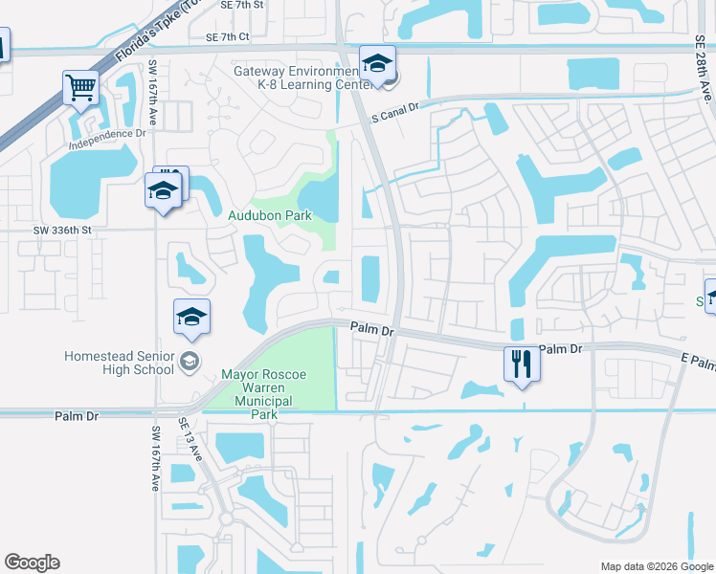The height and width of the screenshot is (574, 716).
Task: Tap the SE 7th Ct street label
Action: point(226,37)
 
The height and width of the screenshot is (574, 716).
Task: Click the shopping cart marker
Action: point(81,88)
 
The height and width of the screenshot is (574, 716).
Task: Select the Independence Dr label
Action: point(107,135)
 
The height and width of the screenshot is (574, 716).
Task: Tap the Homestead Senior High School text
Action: point(120,362)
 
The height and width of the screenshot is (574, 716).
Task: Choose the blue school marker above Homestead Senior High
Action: point(192,319)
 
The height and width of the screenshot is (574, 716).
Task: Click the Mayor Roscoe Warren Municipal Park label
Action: point(263,394)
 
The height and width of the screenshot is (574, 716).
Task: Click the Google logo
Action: point(32,563)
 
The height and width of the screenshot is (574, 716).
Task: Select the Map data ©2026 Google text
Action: point(656,566)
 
